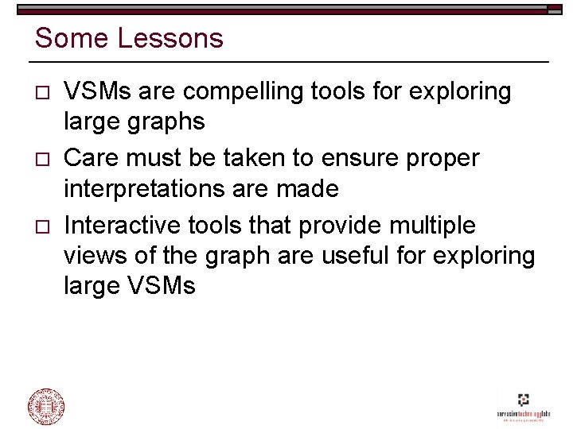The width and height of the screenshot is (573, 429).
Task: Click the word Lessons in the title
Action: [x=171, y=38]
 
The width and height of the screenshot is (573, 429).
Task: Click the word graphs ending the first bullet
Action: [x=166, y=122]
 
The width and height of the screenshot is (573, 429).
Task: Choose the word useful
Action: [x=372, y=256]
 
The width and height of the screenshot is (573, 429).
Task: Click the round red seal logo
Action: [x=46, y=406]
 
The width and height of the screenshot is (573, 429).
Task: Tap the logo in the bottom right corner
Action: [x=522, y=406]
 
